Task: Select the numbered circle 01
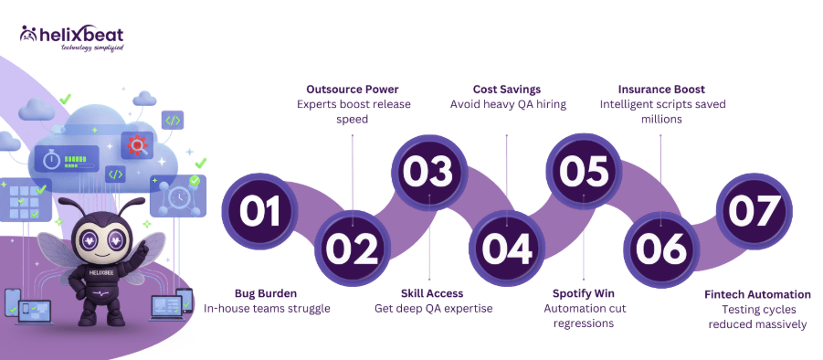[259, 212]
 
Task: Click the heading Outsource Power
[353, 90]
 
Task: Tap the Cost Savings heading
[507, 90]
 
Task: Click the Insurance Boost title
[660, 90]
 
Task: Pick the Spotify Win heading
[583, 293]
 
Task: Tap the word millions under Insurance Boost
[660, 119]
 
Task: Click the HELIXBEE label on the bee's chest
[95, 272]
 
